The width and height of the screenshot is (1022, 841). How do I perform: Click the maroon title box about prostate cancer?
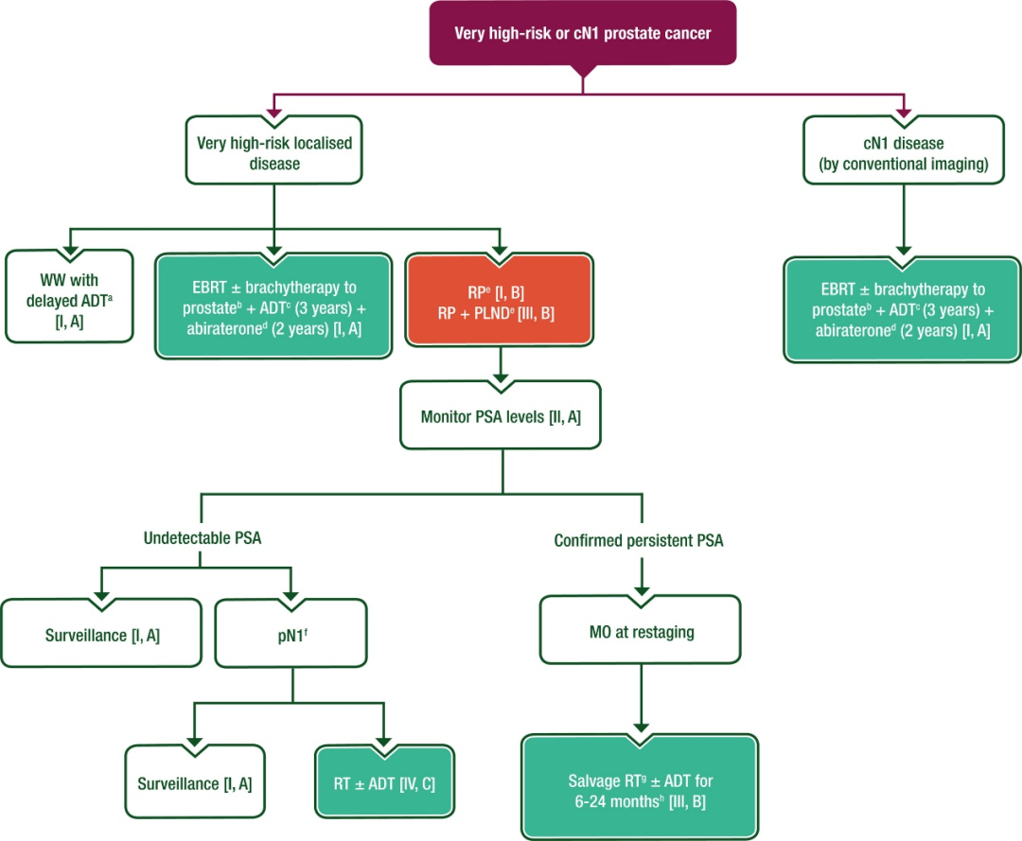582,33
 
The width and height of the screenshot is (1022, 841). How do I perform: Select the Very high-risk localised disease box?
273,152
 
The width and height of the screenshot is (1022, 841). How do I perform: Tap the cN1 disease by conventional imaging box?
903,152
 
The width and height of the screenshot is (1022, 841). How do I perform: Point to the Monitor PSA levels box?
500,414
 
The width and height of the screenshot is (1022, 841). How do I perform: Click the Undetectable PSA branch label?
202,539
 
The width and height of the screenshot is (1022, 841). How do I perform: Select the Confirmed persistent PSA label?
638,541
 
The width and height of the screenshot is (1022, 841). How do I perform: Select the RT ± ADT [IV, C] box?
383,783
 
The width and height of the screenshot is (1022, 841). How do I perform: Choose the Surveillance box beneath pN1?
194,783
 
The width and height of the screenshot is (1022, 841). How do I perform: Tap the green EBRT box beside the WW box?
273,305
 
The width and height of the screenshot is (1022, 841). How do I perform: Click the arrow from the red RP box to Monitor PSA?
500,363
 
